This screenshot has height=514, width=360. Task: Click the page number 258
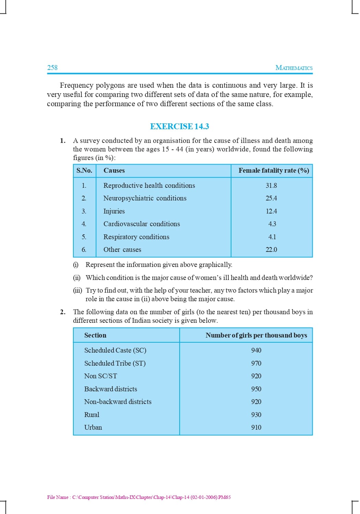point(52,68)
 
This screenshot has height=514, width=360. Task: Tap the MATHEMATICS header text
point(294,68)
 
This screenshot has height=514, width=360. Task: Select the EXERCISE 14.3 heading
point(179,126)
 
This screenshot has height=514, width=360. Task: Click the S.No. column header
point(84,170)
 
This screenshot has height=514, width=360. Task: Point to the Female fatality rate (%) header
point(274,170)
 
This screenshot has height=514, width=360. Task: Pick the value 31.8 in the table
point(271,185)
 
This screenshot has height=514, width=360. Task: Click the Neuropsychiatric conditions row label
point(145,198)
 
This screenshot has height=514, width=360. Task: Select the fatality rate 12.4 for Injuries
point(271,211)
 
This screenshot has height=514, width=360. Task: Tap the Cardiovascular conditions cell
point(142,224)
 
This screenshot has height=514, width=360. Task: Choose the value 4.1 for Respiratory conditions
point(272,237)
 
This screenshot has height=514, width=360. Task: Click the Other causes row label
point(122,250)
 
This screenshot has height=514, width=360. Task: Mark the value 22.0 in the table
point(271,250)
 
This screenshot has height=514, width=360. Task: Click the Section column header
point(95,335)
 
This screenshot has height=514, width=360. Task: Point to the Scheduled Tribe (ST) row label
point(115,363)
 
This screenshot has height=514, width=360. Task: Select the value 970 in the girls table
point(256,363)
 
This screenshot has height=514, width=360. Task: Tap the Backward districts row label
point(110,389)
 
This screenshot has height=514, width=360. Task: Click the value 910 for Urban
point(256,427)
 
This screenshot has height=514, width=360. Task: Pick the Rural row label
point(92,415)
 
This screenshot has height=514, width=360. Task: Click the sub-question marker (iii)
point(77,291)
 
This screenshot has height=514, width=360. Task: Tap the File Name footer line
point(139,497)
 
